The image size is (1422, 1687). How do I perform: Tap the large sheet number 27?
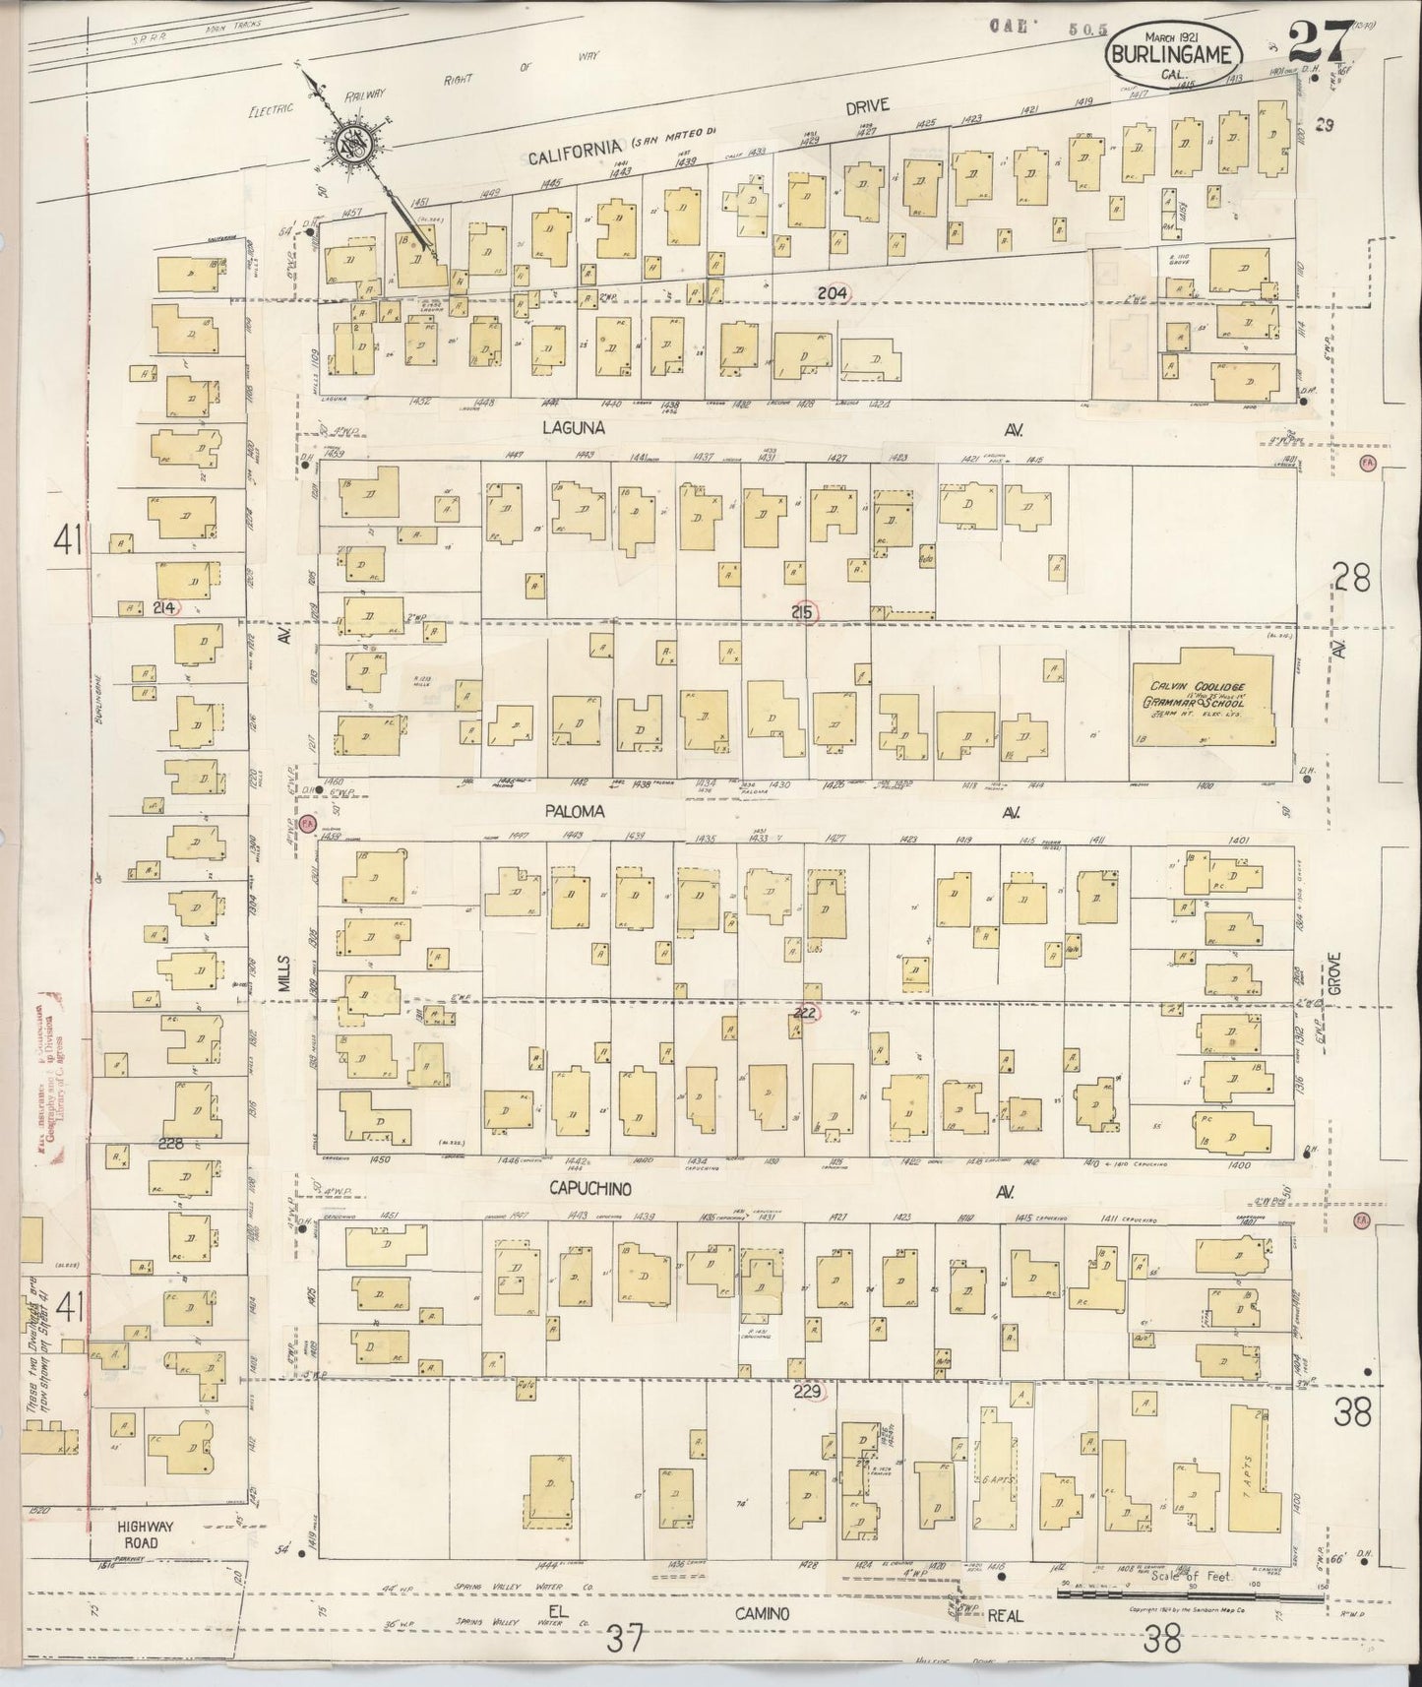tap(1318, 43)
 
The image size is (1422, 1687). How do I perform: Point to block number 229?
tap(809, 1392)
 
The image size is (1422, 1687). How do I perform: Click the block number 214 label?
tap(164, 608)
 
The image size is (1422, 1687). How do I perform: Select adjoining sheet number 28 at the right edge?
tap(1352, 579)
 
